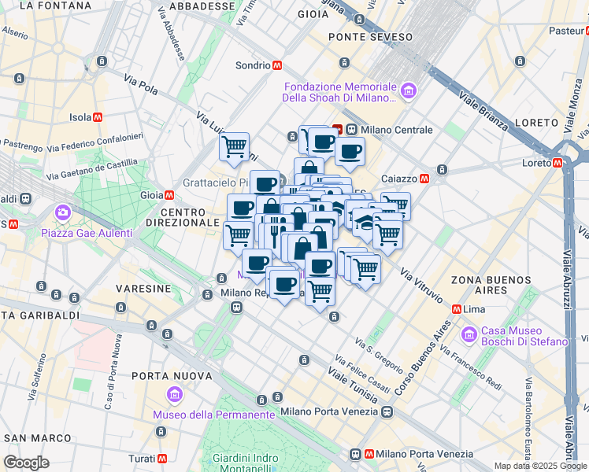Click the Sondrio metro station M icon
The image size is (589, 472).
pyautogui.click(x=277, y=65)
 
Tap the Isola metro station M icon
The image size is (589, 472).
pyautogui.click(x=98, y=117)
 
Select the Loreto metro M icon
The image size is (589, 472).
pyautogui.click(x=558, y=163)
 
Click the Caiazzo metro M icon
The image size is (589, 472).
pyautogui.click(x=424, y=179)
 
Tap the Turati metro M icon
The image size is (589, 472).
pyautogui.click(x=161, y=458)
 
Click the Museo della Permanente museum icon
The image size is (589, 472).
pyautogui.click(x=175, y=393)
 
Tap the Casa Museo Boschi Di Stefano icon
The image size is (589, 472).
pyautogui.click(x=471, y=334)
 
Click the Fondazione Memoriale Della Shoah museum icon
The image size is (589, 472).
pyautogui.click(x=408, y=92)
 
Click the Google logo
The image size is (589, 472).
pyautogui.click(x=27, y=463)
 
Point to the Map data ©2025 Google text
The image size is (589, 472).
pyautogui.click(x=540, y=466)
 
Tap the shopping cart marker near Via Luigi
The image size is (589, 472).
pyautogui.click(x=234, y=146)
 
